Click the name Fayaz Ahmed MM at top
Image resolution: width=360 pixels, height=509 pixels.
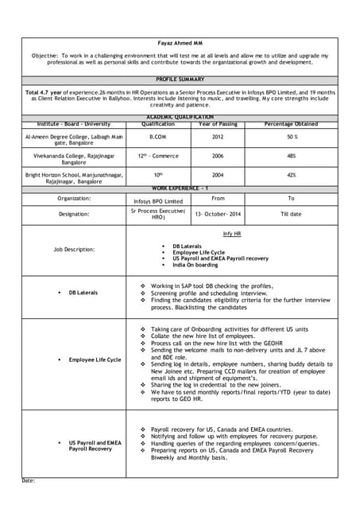[180, 43]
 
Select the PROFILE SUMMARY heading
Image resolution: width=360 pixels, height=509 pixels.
[180, 80]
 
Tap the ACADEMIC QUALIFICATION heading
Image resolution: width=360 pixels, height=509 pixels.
[180, 117]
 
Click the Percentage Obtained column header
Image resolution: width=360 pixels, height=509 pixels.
[291, 123]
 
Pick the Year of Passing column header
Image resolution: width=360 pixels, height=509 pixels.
[218, 123]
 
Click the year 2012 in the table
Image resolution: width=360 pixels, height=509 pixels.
[218, 137]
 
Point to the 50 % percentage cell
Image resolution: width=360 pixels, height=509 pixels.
[292, 137]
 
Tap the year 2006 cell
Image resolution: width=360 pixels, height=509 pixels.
[218, 156]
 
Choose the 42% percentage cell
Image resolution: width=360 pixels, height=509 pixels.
[292, 175]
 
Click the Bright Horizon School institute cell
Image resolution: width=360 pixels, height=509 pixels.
[74, 174]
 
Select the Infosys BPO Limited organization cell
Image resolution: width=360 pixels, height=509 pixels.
[157, 201]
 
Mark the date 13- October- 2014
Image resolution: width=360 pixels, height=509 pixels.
[218, 215]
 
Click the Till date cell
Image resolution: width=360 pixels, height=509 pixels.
[291, 215]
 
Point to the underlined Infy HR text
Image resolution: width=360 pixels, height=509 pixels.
[232, 234]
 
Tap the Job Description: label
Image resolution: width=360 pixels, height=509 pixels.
[74, 249]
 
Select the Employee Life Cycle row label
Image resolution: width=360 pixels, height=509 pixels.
[95, 359]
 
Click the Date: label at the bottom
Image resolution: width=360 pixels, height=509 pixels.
[29, 480]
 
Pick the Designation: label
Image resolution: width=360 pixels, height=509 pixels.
[74, 214]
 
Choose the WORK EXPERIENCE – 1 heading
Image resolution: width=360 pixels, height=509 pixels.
[180, 188]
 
